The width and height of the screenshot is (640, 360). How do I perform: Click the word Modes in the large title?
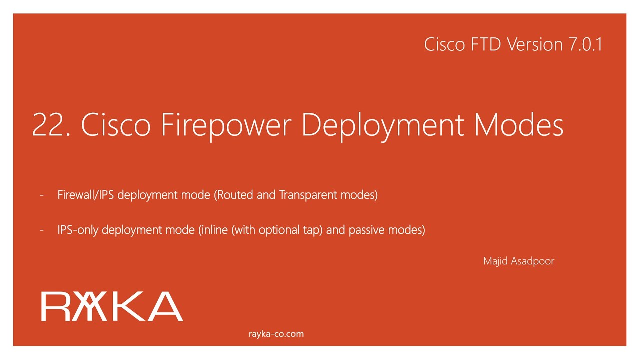point(519,125)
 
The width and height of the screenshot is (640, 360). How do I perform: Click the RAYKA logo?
point(112,306)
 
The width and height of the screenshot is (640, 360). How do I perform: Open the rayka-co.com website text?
point(276,334)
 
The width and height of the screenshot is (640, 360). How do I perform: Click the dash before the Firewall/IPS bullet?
point(42,195)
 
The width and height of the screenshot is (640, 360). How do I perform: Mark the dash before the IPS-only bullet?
point(42,230)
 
